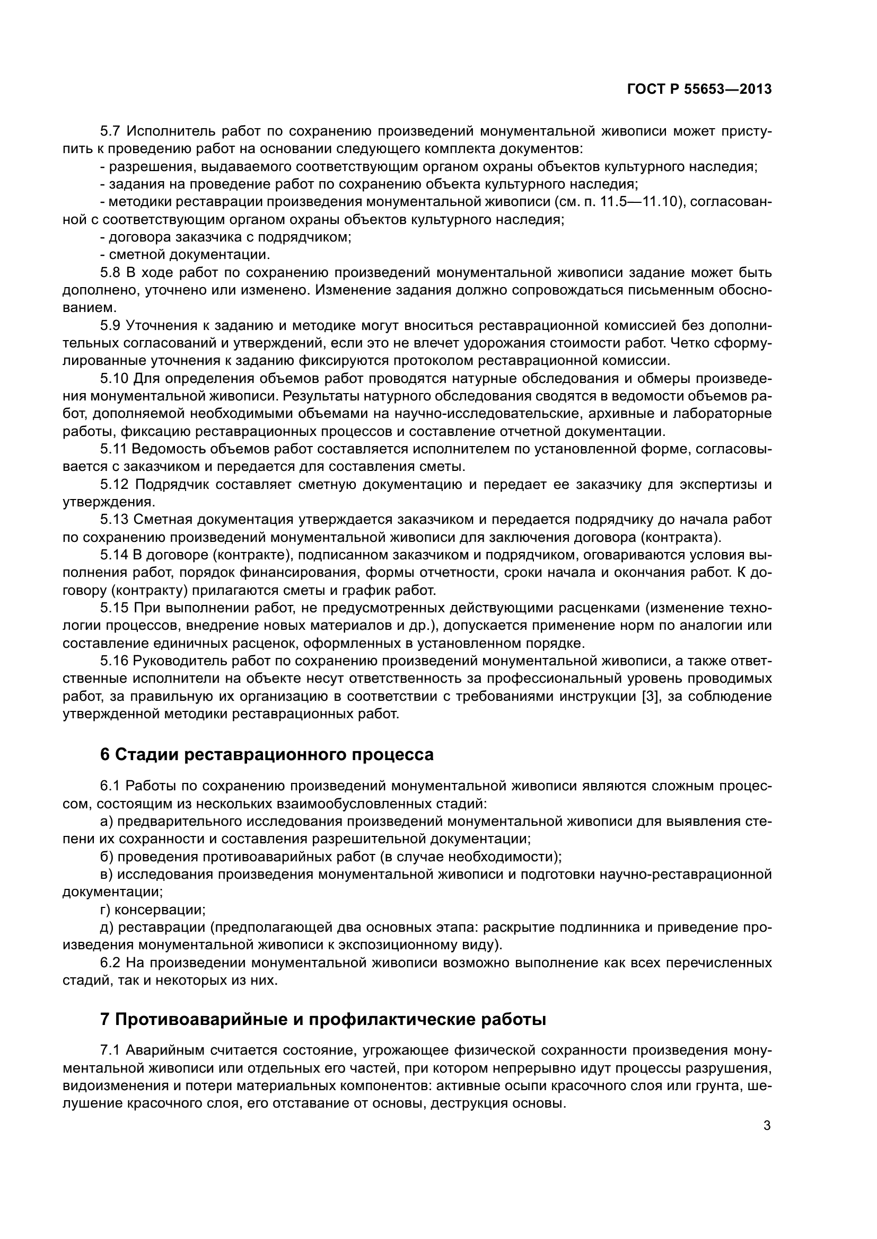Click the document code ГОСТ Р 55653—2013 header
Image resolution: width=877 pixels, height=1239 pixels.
pos(699,90)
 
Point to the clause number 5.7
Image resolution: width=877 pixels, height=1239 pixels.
pos(111,131)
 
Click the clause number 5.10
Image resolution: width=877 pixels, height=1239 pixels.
pos(113,379)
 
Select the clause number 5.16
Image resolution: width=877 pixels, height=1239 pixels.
pos(113,662)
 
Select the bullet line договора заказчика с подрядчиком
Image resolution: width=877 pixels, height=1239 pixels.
pos(226,237)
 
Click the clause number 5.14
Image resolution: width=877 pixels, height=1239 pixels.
pos(113,555)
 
